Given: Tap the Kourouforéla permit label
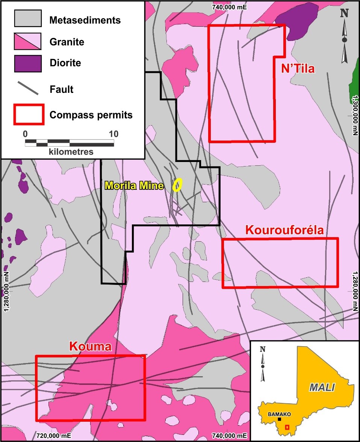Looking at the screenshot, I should [x=284, y=230].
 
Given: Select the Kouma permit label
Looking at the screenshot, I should [x=90, y=347].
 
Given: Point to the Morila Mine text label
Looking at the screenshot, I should [x=134, y=185].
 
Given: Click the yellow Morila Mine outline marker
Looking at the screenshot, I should [x=177, y=185].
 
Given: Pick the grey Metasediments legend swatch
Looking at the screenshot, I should [x=28, y=18].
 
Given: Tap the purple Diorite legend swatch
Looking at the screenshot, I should [x=28, y=63].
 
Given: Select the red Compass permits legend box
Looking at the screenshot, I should [x=29, y=114].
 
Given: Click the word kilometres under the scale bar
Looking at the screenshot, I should [x=71, y=152].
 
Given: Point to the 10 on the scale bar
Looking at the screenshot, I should [x=113, y=134].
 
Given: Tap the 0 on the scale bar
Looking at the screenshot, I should [x=25, y=134].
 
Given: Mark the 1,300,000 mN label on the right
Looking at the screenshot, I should [x=355, y=114].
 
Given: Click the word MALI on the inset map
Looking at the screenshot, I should [x=322, y=387].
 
